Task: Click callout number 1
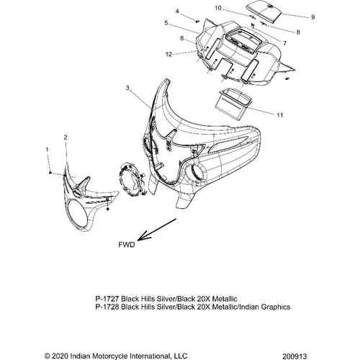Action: [47, 150]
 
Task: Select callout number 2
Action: [66, 138]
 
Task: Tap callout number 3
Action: [127, 88]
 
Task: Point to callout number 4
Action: [177, 11]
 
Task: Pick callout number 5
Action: [166, 23]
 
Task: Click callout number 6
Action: [182, 38]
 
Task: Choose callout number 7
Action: [284, 43]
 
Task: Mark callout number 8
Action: [298, 32]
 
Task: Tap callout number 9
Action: [312, 17]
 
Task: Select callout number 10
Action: [218, 8]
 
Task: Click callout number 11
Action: [280, 115]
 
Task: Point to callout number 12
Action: [168, 55]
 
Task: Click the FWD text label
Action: [127, 245]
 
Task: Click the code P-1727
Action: [107, 299]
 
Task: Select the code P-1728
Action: [107, 307]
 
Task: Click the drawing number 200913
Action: [294, 356]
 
